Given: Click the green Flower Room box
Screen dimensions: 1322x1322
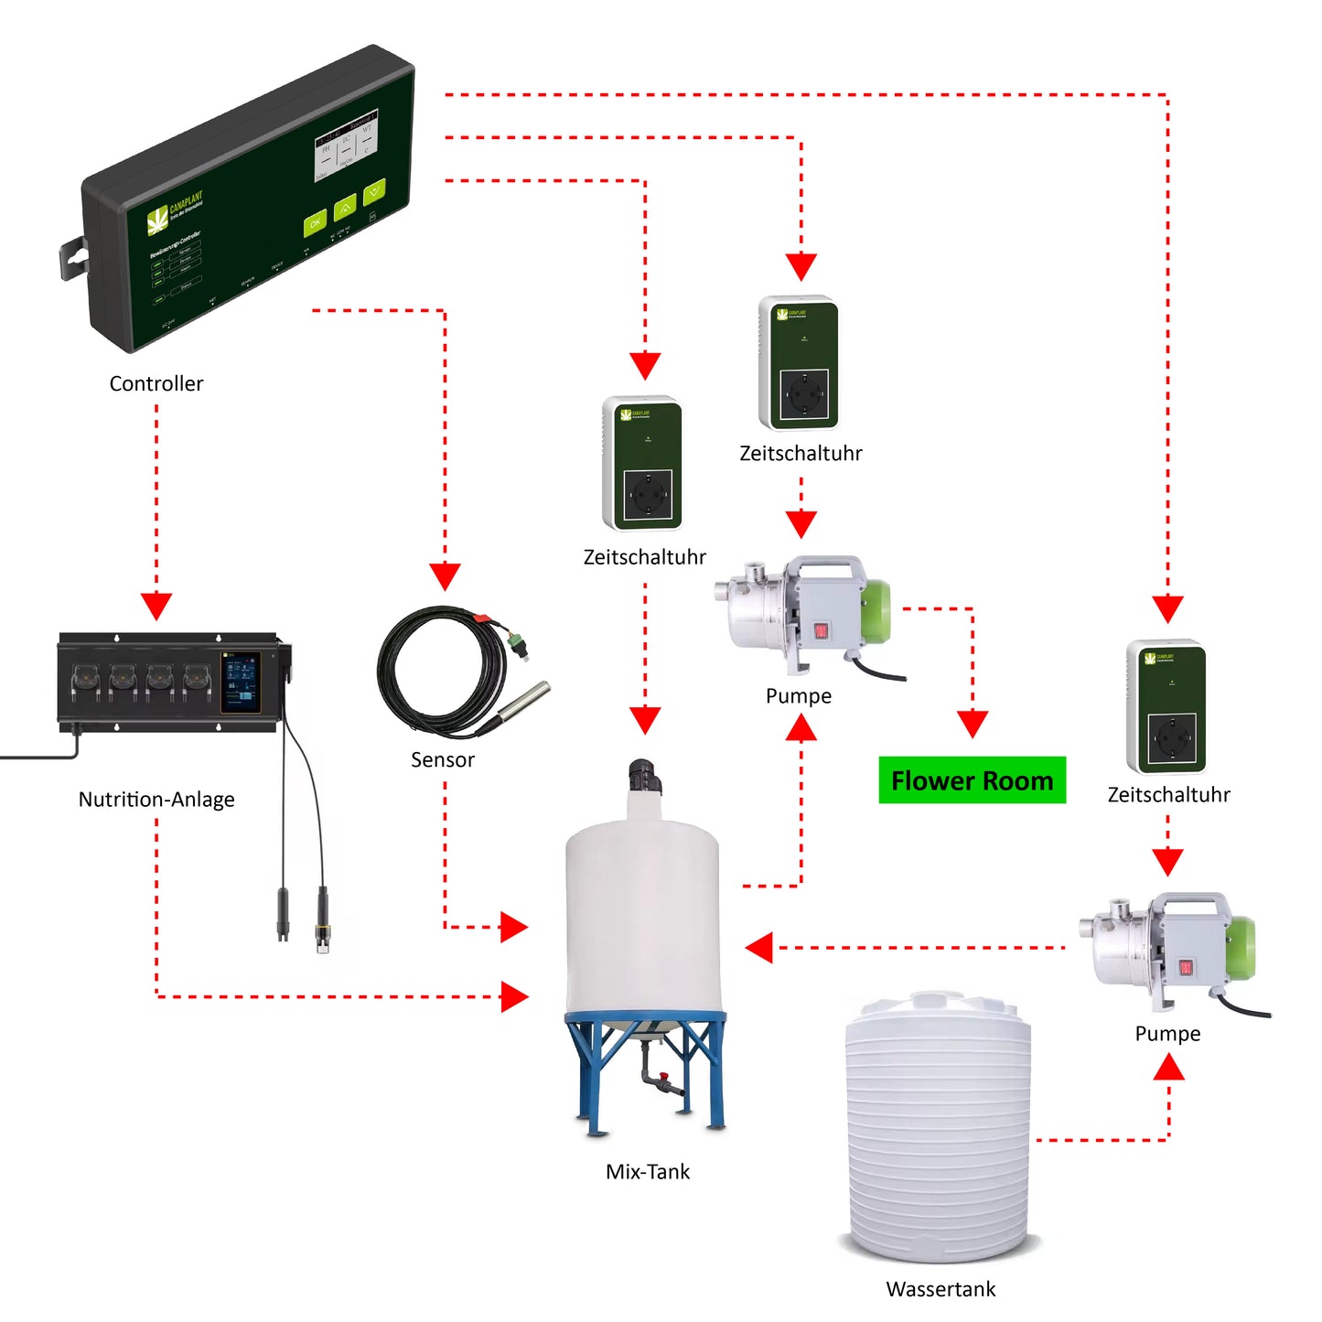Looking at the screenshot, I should coord(972,780).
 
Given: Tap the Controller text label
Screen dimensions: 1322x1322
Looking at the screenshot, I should coord(156,383).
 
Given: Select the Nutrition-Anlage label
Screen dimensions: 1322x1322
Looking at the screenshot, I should coord(156,800).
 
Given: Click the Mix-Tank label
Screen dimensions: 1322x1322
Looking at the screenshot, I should coord(648,1172).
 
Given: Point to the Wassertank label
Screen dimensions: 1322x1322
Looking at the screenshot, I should coord(940,1289).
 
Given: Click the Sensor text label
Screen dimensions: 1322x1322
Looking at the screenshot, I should coord(443,759).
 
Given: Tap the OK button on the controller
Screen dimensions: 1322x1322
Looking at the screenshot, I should coord(315,223).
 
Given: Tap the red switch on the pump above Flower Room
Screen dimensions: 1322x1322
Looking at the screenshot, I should coord(821,630).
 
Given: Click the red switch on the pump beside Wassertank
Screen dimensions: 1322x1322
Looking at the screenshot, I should coord(1186,967).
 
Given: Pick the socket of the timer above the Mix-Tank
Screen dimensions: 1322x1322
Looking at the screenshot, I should coord(649,494).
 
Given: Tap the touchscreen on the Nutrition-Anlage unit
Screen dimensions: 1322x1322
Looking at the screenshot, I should coord(241,682).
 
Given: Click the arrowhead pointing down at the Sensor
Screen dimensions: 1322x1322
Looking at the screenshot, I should coord(445,576).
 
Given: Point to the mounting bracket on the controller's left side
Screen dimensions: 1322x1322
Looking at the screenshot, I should coord(73,258).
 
